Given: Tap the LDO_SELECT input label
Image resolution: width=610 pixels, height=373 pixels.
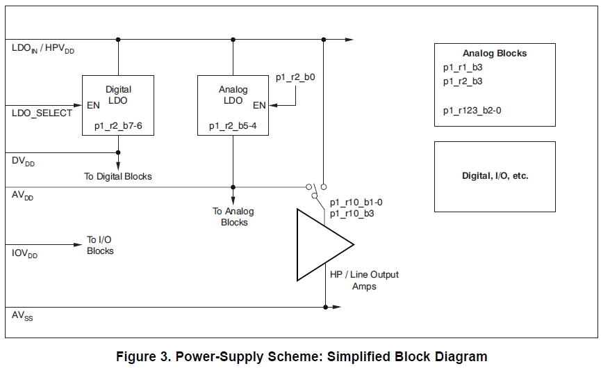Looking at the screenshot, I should pyautogui.click(x=42, y=113).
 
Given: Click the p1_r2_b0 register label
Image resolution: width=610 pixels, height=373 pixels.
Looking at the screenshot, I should pyautogui.click(x=295, y=78).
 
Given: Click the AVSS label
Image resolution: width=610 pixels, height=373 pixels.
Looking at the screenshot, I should pyautogui.click(x=22, y=316).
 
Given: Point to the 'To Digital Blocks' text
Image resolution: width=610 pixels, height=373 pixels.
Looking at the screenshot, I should pyautogui.click(x=118, y=177).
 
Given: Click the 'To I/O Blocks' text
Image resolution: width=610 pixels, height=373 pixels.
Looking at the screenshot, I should pyautogui.click(x=100, y=246).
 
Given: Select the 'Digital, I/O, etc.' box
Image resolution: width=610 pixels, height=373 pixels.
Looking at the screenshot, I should pyautogui.click(x=495, y=176).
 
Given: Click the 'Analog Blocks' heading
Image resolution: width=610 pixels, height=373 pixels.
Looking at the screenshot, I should pyautogui.click(x=495, y=54).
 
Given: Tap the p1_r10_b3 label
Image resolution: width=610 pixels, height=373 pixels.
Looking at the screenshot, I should pyautogui.click(x=352, y=214).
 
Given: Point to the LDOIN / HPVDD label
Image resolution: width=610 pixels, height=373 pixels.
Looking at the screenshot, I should pyautogui.click(x=43, y=49).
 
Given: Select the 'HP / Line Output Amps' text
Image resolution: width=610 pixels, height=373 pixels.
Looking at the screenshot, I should pyautogui.click(x=365, y=280).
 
